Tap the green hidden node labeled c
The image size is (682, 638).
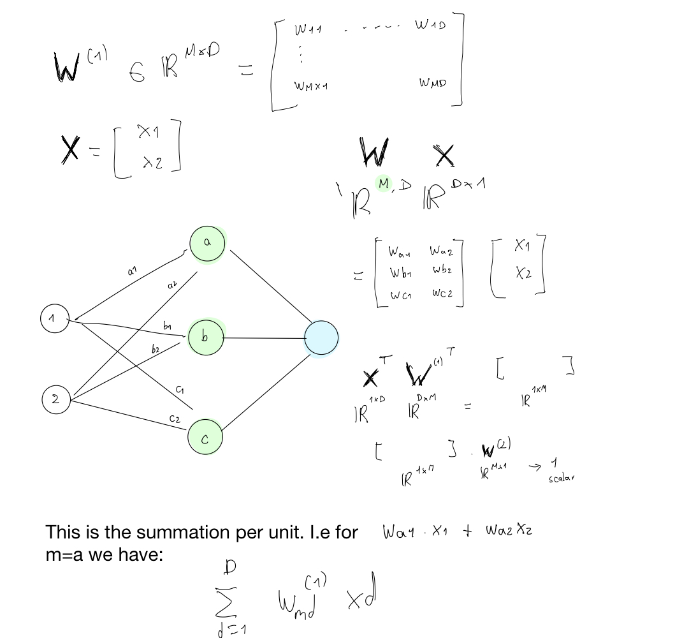coord(205,437)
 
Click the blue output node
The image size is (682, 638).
coord(321,338)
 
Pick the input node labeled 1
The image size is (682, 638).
coord(54,319)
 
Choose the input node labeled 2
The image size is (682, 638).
coord(56,400)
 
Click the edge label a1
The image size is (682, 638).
coord(132,271)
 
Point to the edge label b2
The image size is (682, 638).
coord(156,350)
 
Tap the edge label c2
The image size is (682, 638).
coord(174,419)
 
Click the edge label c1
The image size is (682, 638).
coord(180,389)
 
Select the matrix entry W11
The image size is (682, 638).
coord(308,30)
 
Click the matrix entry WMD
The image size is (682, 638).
coord(433,83)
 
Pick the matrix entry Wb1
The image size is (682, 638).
coord(400,273)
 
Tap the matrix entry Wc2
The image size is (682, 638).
coord(443,293)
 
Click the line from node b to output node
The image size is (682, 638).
coord(264,338)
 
